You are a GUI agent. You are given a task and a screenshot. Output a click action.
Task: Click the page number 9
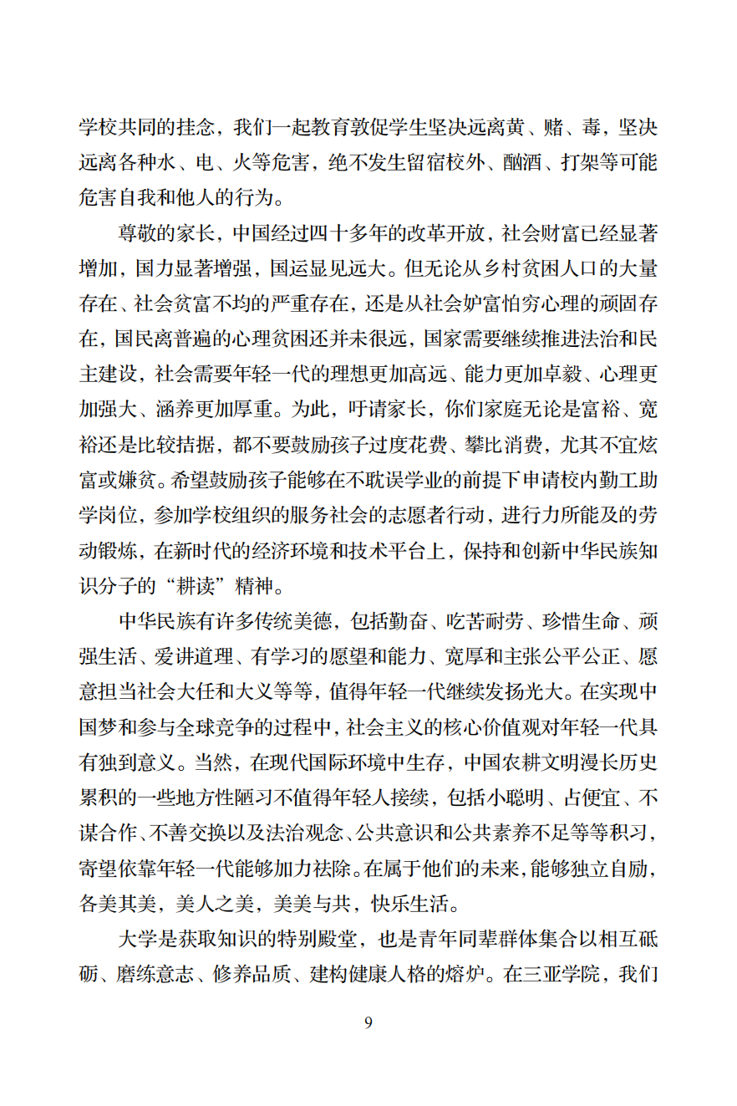pyautogui.click(x=368, y=1023)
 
